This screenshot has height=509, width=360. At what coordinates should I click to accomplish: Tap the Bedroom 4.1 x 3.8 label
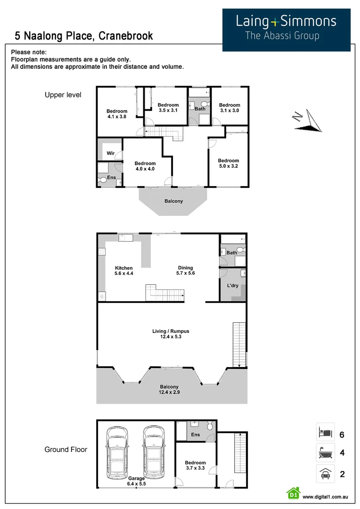[x=117, y=114]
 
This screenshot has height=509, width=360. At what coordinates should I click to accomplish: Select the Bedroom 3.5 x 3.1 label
[x=168, y=107]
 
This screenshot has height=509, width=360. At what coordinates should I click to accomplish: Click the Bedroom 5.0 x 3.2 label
[x=229, y=163]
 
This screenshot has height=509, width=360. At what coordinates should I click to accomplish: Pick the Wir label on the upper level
[x=111, y=153]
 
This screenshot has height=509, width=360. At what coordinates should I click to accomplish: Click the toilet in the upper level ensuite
[x=102, y=180]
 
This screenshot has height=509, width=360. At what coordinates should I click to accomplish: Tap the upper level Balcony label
[x=173, y=201]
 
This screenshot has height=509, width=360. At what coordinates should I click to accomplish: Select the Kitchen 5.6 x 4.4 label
[x=123, y=271]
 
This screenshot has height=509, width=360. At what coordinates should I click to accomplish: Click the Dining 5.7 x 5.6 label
[x=185, y=271]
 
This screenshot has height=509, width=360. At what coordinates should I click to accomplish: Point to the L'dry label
[x=232, y=286]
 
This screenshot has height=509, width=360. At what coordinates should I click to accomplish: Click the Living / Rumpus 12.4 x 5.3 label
[x=171, y=334]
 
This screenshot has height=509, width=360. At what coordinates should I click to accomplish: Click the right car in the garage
[x=153, y=450]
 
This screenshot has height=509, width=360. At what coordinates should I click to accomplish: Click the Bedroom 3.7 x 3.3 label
[x=195, y=466]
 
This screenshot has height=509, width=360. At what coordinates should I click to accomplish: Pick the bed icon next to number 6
[x=325, y=432]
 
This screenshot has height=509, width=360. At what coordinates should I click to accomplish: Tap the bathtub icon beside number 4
[x=325, y=453]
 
